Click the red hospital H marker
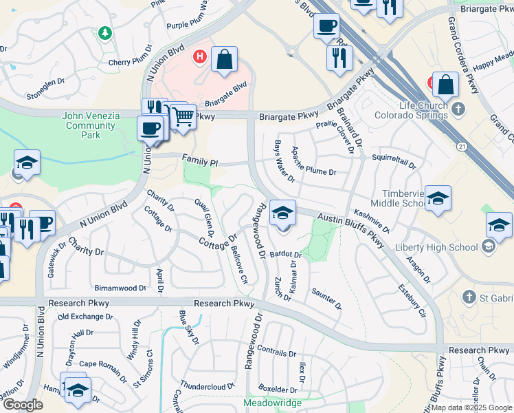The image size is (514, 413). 200,56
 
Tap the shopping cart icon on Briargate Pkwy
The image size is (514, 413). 182,117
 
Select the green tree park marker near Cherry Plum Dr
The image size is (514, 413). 104,33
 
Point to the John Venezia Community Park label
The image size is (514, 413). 91,125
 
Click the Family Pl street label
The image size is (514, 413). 199,162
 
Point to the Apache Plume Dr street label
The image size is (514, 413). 314,161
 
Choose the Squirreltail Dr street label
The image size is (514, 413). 394,160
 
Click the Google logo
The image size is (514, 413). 23,405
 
